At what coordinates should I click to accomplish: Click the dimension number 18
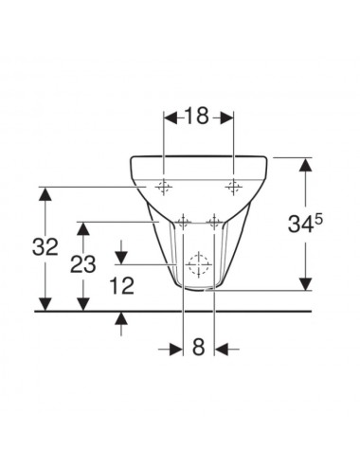coord(196,116)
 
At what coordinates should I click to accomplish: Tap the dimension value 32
coord(45,246)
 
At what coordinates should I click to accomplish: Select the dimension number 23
coord(83,264)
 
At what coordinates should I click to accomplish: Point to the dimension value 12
coord(122,285)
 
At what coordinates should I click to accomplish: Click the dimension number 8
coord(199,347)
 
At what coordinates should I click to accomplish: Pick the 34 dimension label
coord(301,225)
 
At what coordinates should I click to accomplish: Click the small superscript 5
coord(318,219)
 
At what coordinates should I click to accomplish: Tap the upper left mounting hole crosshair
coord(163,188)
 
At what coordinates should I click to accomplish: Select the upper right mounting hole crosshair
coord(233,188)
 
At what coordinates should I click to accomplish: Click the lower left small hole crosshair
coord(183,223)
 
